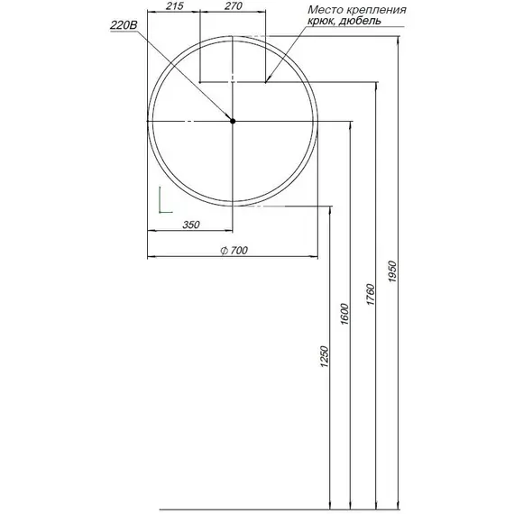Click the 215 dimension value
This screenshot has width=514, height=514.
[175, 7]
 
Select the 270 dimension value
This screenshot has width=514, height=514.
[233, 7]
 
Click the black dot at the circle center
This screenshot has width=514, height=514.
[233, 121]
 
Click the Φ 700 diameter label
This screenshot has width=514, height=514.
[233, 251]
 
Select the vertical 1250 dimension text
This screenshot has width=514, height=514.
[325, 358]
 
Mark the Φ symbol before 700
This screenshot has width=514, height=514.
[222, 251]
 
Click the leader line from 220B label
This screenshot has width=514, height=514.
[185, 76]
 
